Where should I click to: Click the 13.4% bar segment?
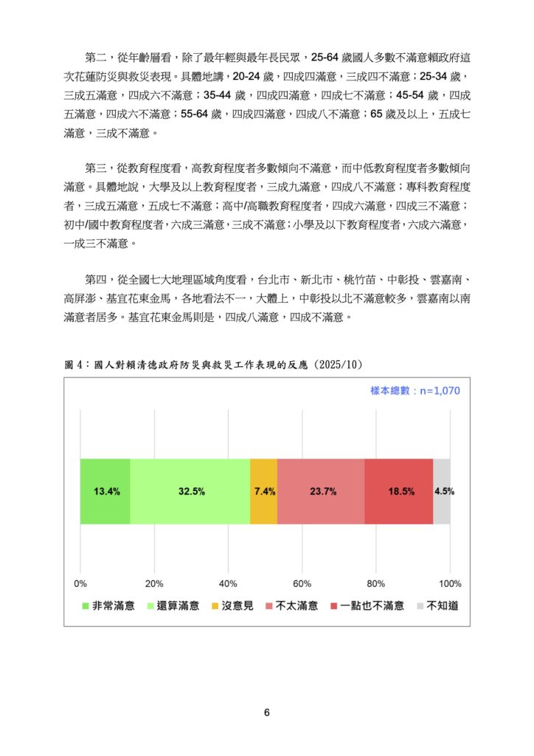105,491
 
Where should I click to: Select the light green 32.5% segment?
190,491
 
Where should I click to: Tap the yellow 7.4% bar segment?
263,491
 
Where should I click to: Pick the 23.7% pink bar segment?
321,491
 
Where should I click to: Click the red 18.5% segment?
398,491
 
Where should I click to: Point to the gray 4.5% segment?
441,491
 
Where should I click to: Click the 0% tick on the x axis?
81,583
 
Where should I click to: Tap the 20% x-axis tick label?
155,583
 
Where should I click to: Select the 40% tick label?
229,583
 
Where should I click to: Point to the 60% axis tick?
302,583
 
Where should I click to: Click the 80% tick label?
376,583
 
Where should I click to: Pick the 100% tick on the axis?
449,583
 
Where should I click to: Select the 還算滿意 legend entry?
173,606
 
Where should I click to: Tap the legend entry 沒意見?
232,606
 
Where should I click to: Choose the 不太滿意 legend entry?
291,606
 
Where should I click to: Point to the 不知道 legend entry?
437,606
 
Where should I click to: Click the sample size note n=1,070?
415,391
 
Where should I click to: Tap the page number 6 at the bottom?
267,712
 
